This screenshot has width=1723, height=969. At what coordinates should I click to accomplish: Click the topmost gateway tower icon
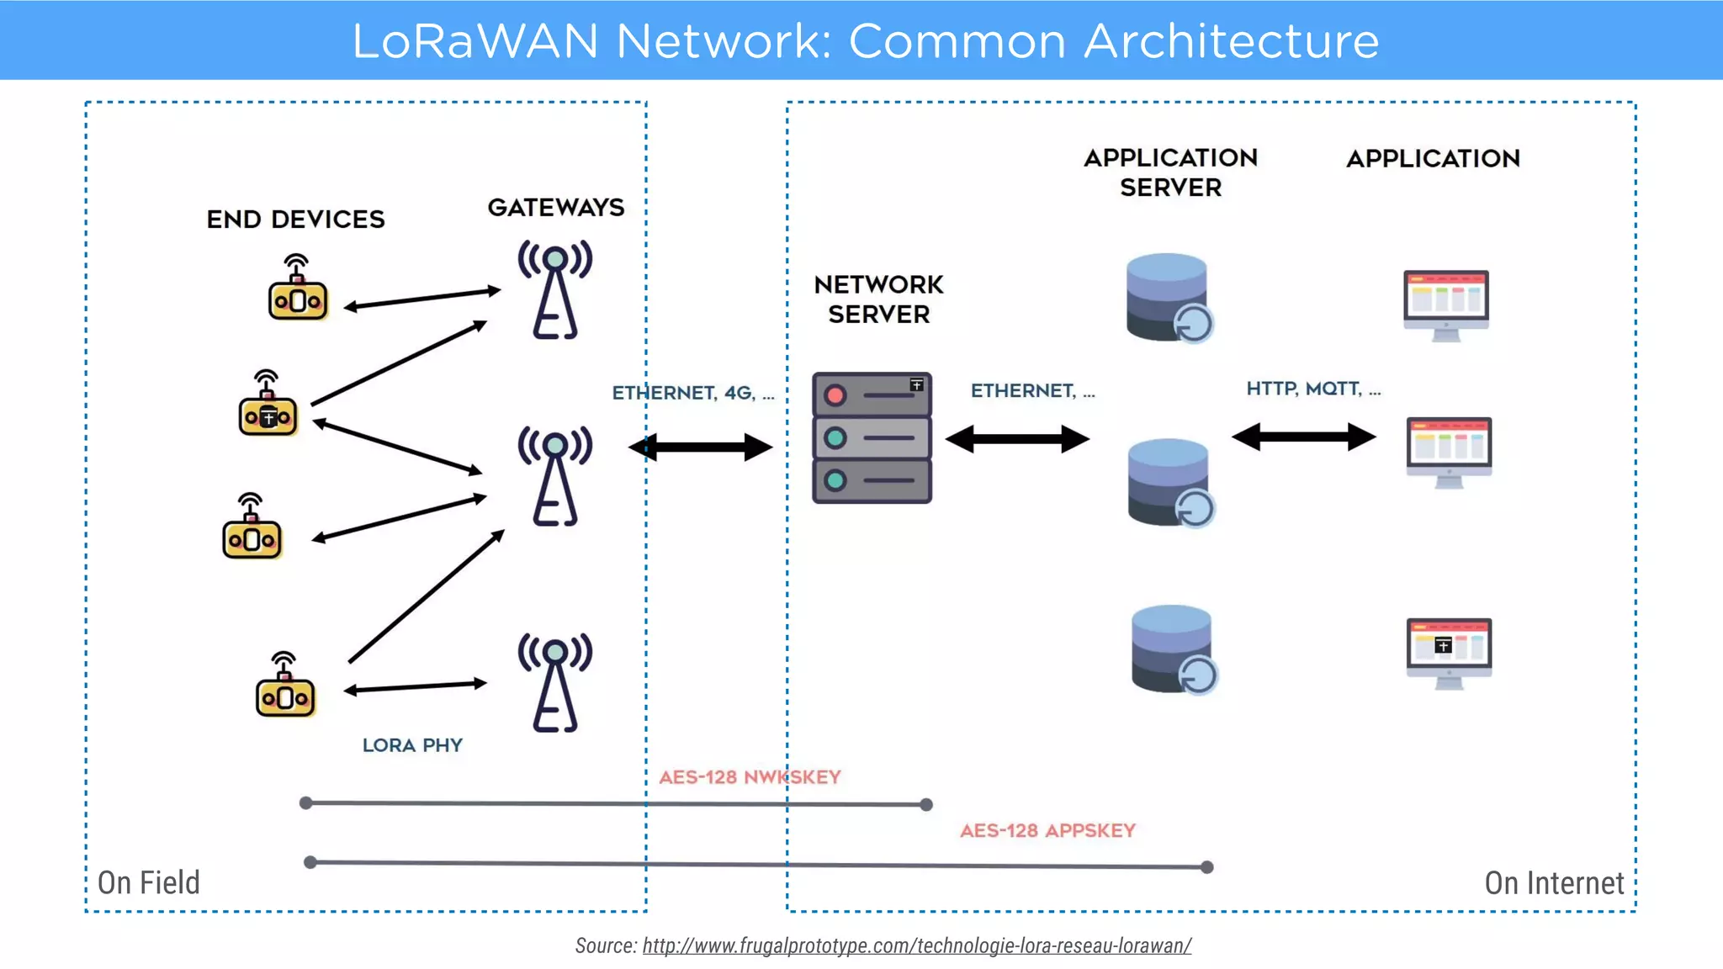pyautogui.click(x=555, y=290)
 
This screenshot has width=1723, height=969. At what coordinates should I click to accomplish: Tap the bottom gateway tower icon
pyautogui.click(x=555, y=683)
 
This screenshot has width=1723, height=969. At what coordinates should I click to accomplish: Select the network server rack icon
pyautogui.click(x=872, y=438)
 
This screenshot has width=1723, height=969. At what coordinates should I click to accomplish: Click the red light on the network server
pyautogui.click(x=835, y=395)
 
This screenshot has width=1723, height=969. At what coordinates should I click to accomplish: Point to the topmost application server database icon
pyautogui.click(x=1169, y=298)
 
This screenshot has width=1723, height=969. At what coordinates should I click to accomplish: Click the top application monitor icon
pyautogui.click(x=1445, y=304)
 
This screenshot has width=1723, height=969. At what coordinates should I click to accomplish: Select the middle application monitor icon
pyautogui.click(x=1449, y=452)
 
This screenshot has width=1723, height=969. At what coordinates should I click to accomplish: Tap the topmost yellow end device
pyautogui.click(x=297, y=290)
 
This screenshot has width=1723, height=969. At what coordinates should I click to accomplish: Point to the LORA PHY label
pyautogui.click(x=412, y=745)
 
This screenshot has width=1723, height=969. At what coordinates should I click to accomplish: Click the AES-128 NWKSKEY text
pyautogui.click(x=750, y=777)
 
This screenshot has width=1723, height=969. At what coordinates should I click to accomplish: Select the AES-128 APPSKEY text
pyautogui.click(x=1047, y=831)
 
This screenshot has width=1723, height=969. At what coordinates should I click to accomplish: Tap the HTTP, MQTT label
pyautogui.click(x=1312, y=389)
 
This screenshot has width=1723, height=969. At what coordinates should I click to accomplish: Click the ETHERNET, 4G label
pyautogui.click(x=692, y=393)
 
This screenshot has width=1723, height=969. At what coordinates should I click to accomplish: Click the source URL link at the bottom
pyautogui.click(x=916, y=945)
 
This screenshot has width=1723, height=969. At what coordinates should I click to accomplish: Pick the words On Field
pyautogui.click(x=149, y=882)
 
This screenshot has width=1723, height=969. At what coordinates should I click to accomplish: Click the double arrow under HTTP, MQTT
pyautogui.click(x=1303, y=437)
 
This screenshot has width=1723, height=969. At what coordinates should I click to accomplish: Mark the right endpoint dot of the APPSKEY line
pyautogui.click(x=1207, y=867)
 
